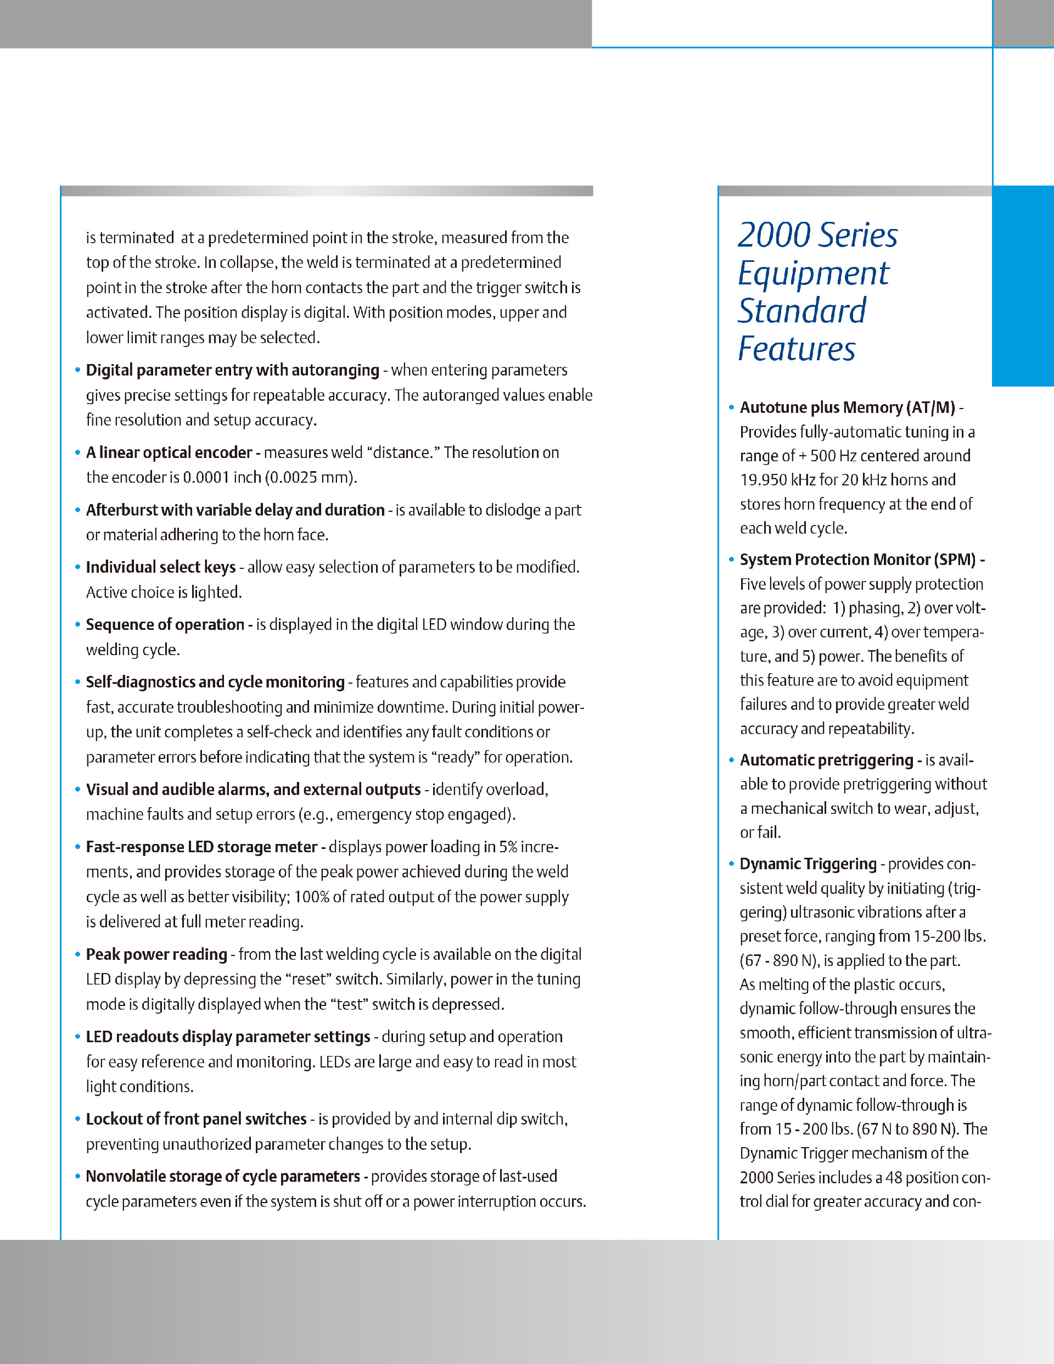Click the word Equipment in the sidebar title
[x=813, y=274]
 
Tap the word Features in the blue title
[x=796, y=349]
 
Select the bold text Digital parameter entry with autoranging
[x=232, y=370]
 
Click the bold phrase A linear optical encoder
[x=169, y=453]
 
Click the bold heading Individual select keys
[x=160, y=567]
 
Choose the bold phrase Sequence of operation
[x=165, y=624]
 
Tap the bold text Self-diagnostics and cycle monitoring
[x=215, y=682]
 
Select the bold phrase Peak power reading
[x=156, y=954]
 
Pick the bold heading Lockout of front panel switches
[x=196, y=1119]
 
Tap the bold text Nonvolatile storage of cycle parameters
[x=223, y=1177]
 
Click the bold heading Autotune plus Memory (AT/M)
[x=848, y=408]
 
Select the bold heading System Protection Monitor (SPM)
[x=857, y=560]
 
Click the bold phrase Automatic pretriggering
[x=826, y=760]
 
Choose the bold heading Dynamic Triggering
[x=808, y=864]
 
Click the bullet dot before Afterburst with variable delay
[x=77, y=510]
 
